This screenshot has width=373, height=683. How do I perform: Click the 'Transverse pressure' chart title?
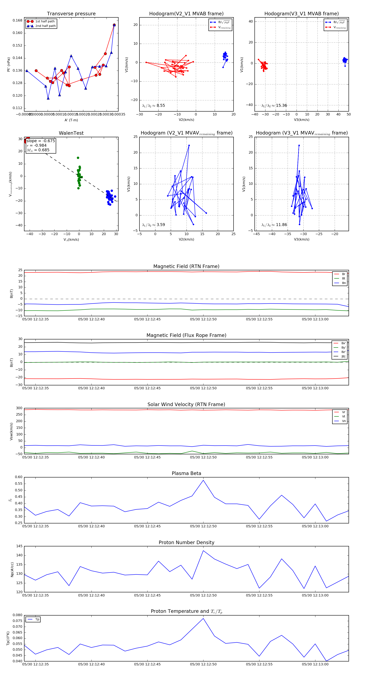coord(71,14)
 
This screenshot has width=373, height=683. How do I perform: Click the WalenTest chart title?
coord(71,133)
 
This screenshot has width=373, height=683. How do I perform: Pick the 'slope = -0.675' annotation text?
coord(41,141)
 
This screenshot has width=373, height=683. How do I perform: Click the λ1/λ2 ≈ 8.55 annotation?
coord(153,106)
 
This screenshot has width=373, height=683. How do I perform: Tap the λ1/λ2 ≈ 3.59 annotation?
coord(153,225)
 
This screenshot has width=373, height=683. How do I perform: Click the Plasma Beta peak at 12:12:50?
coord(203,480)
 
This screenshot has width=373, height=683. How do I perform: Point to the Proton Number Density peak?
coord(203,550)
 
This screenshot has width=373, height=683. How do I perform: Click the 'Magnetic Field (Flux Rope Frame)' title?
coord(186,335)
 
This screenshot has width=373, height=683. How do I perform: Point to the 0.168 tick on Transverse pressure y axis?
coord(18,20)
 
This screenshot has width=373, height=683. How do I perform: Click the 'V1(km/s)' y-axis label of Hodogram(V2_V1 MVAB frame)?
coord(127,65)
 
